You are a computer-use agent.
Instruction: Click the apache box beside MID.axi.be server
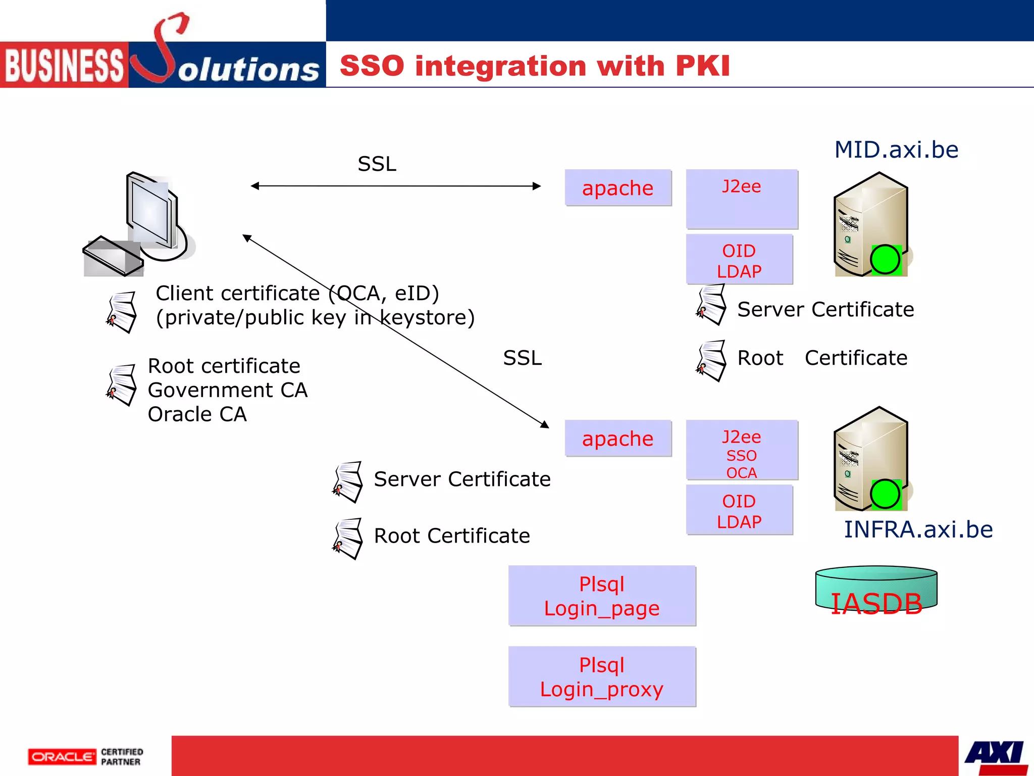pos(618,188)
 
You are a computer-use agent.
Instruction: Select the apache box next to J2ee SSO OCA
pos(618,439)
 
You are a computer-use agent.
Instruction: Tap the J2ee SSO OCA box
pos(742,450)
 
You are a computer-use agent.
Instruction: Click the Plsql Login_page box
pos(602,596)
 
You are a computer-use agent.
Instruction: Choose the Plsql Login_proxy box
pos(602,677)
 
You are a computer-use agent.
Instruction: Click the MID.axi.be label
pos(896,150)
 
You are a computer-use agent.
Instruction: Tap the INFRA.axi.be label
pos(918,529)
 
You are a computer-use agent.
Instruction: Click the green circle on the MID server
pos(885,260)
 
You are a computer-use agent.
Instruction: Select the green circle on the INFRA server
pos(885,494)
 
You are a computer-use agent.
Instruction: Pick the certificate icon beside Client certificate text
pos(122,312)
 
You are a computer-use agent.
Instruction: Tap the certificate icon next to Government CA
pos(122,385)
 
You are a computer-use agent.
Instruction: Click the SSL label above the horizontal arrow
pos(377,164)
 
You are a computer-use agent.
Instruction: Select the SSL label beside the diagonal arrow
pos(522,358)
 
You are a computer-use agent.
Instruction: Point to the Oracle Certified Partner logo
pos(86,757)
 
